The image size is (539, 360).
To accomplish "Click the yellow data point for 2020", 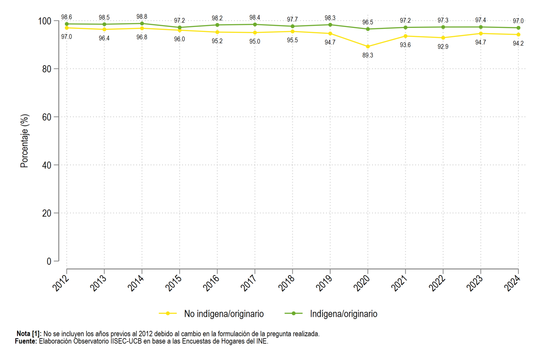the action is coord(368,46).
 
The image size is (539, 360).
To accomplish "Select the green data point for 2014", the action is coord(142,24).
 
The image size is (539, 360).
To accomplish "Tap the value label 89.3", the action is coord(368,55).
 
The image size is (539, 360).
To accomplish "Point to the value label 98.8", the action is coord(142,17).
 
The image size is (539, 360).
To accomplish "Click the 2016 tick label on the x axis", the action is coord(211,283).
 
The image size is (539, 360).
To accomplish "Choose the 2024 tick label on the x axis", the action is coord(512,283).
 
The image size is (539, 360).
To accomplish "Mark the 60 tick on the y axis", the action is coord(47,117).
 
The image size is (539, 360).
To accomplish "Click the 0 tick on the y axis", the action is coord(49,261).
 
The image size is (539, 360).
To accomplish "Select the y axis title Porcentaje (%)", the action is coord(24,141).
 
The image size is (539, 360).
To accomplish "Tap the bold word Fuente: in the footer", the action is coord(26,341).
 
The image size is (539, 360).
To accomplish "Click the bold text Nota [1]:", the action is coord(29,334).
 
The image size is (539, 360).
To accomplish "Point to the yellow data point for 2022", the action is coord(443,38).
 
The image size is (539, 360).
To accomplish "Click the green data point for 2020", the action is coord(368,29).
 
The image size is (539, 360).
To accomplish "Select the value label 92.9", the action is coord(443,46).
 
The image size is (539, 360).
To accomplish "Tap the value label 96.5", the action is coord(368,22).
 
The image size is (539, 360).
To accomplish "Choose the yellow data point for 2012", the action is coord(66,28).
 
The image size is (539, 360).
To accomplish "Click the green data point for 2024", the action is coord(518,28).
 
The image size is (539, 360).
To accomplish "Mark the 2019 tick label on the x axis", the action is coord(324,283).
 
